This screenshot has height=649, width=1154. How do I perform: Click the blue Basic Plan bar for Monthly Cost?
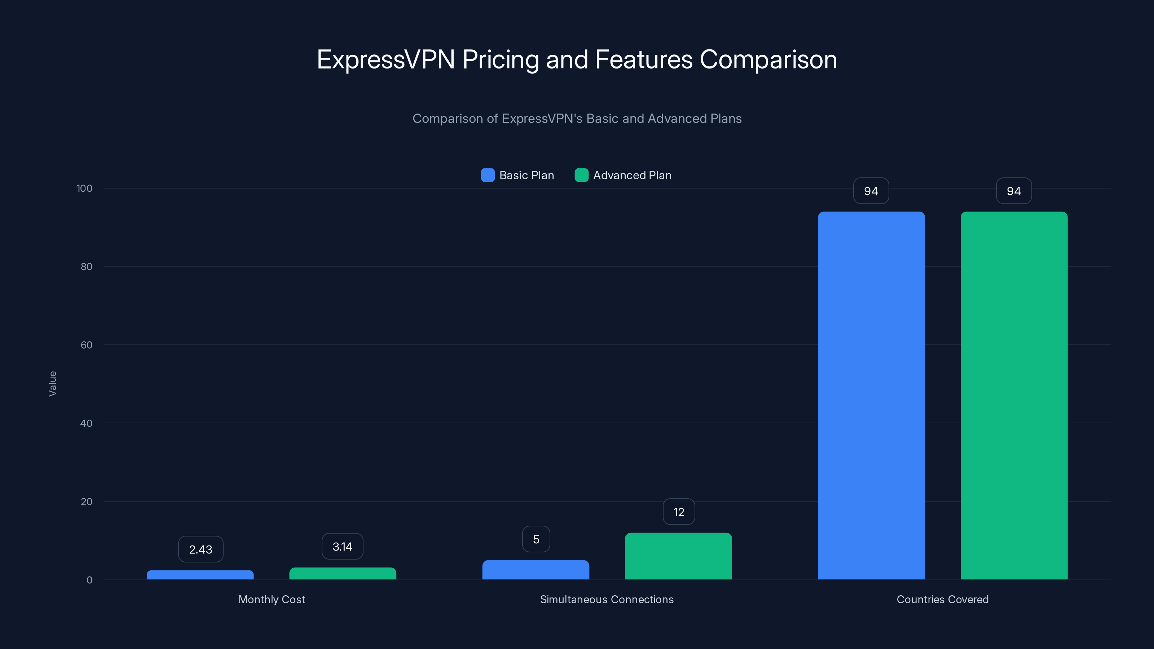pyautogui.click(x=200, y=575)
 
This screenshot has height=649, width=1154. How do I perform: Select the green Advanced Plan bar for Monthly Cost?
pyautogui.click(x=343, y=573)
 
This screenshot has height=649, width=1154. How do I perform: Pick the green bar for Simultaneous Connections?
pyautogui.click(x=678, y=556)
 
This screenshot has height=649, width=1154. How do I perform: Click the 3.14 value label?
pyautogui.click(x=342, y=547)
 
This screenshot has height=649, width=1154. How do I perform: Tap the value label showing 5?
pyautogui.click(x=536, y=539)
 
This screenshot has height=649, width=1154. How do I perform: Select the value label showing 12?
pyautogui.click(x=679, y=512)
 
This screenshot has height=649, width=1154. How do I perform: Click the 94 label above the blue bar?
pyautogui.click(x=871, y=191)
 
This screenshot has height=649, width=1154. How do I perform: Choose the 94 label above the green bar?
pyautogui.click(x=1014, y=191)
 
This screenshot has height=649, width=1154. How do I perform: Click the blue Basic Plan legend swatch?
pyautogui.click(x=488, y=175)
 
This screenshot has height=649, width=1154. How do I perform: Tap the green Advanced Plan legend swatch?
pyautogui.click(x=581, y=175)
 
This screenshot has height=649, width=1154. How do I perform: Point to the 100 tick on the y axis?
pyautogui.click(x=84, y=188)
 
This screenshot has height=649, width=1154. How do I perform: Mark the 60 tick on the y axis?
pyautogui.click(x=87, y=345)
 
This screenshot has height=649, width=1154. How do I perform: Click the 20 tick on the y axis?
pyautogui.click(x=87, y=502)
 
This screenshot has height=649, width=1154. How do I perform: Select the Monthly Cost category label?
pyautogui.click(x=272, y=599)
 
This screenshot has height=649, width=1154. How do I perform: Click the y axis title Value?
pyautogui.click(x=52, y=383)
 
